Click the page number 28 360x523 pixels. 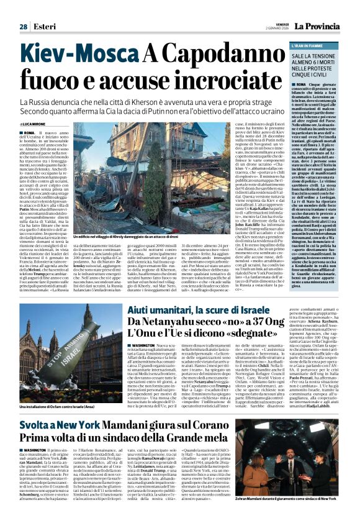23,27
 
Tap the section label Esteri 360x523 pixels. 43,27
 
